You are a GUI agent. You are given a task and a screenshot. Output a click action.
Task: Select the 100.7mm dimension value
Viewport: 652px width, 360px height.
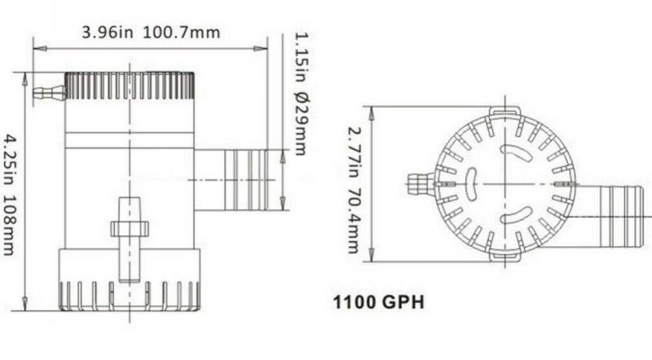click(183, 33)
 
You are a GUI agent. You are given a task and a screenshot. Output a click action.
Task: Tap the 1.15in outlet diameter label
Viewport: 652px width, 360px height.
click(299, 58)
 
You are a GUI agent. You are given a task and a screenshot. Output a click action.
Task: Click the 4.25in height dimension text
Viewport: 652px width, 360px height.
click(10, 160)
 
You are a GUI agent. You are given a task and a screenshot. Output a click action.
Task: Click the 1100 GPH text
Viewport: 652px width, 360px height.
click(378, 303)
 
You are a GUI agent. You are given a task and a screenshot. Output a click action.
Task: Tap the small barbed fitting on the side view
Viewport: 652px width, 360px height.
click(48, 94)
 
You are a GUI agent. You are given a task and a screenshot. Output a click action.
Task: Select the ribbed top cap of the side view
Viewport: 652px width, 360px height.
click(129, 86)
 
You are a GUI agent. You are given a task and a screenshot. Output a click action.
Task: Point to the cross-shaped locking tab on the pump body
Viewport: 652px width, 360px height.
click(129, 228)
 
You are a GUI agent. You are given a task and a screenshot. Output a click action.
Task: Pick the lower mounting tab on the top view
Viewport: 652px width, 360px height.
click(504, 256)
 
